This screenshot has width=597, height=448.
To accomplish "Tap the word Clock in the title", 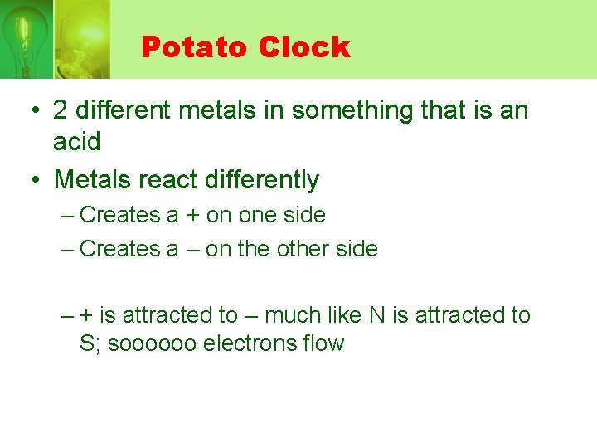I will (303, 47).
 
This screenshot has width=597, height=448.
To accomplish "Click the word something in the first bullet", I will (334, 110).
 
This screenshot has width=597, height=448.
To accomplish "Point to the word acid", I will (77, 142).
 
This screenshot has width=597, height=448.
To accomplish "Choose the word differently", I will (265, 179).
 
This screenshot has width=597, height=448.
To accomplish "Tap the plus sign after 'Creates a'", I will (192, 215).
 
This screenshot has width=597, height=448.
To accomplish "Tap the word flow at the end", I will (325, 343).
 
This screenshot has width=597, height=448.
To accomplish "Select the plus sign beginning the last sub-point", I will (86, 316).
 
